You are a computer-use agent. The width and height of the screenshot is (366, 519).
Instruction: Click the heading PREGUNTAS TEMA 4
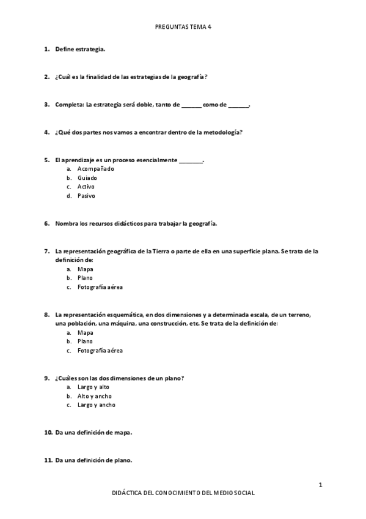183,28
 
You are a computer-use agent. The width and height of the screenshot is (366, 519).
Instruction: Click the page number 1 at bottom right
320,485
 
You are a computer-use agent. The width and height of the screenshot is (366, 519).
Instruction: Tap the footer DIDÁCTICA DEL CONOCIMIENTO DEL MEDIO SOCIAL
183,493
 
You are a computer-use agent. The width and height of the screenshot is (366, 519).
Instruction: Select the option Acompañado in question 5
95,168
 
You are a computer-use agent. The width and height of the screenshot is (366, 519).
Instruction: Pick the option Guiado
87,177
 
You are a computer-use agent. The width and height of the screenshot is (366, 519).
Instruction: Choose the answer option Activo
86,187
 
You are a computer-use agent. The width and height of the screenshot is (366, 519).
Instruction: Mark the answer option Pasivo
86,196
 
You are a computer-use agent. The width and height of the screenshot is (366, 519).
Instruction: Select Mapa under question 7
85,269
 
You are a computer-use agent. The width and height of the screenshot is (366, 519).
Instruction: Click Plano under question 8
85,342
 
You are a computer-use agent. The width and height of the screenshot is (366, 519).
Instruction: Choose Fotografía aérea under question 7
100,287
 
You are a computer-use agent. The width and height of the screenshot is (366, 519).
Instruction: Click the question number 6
46,223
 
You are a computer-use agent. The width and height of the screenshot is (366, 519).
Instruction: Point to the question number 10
48,432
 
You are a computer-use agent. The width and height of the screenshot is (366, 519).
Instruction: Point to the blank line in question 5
191,160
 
